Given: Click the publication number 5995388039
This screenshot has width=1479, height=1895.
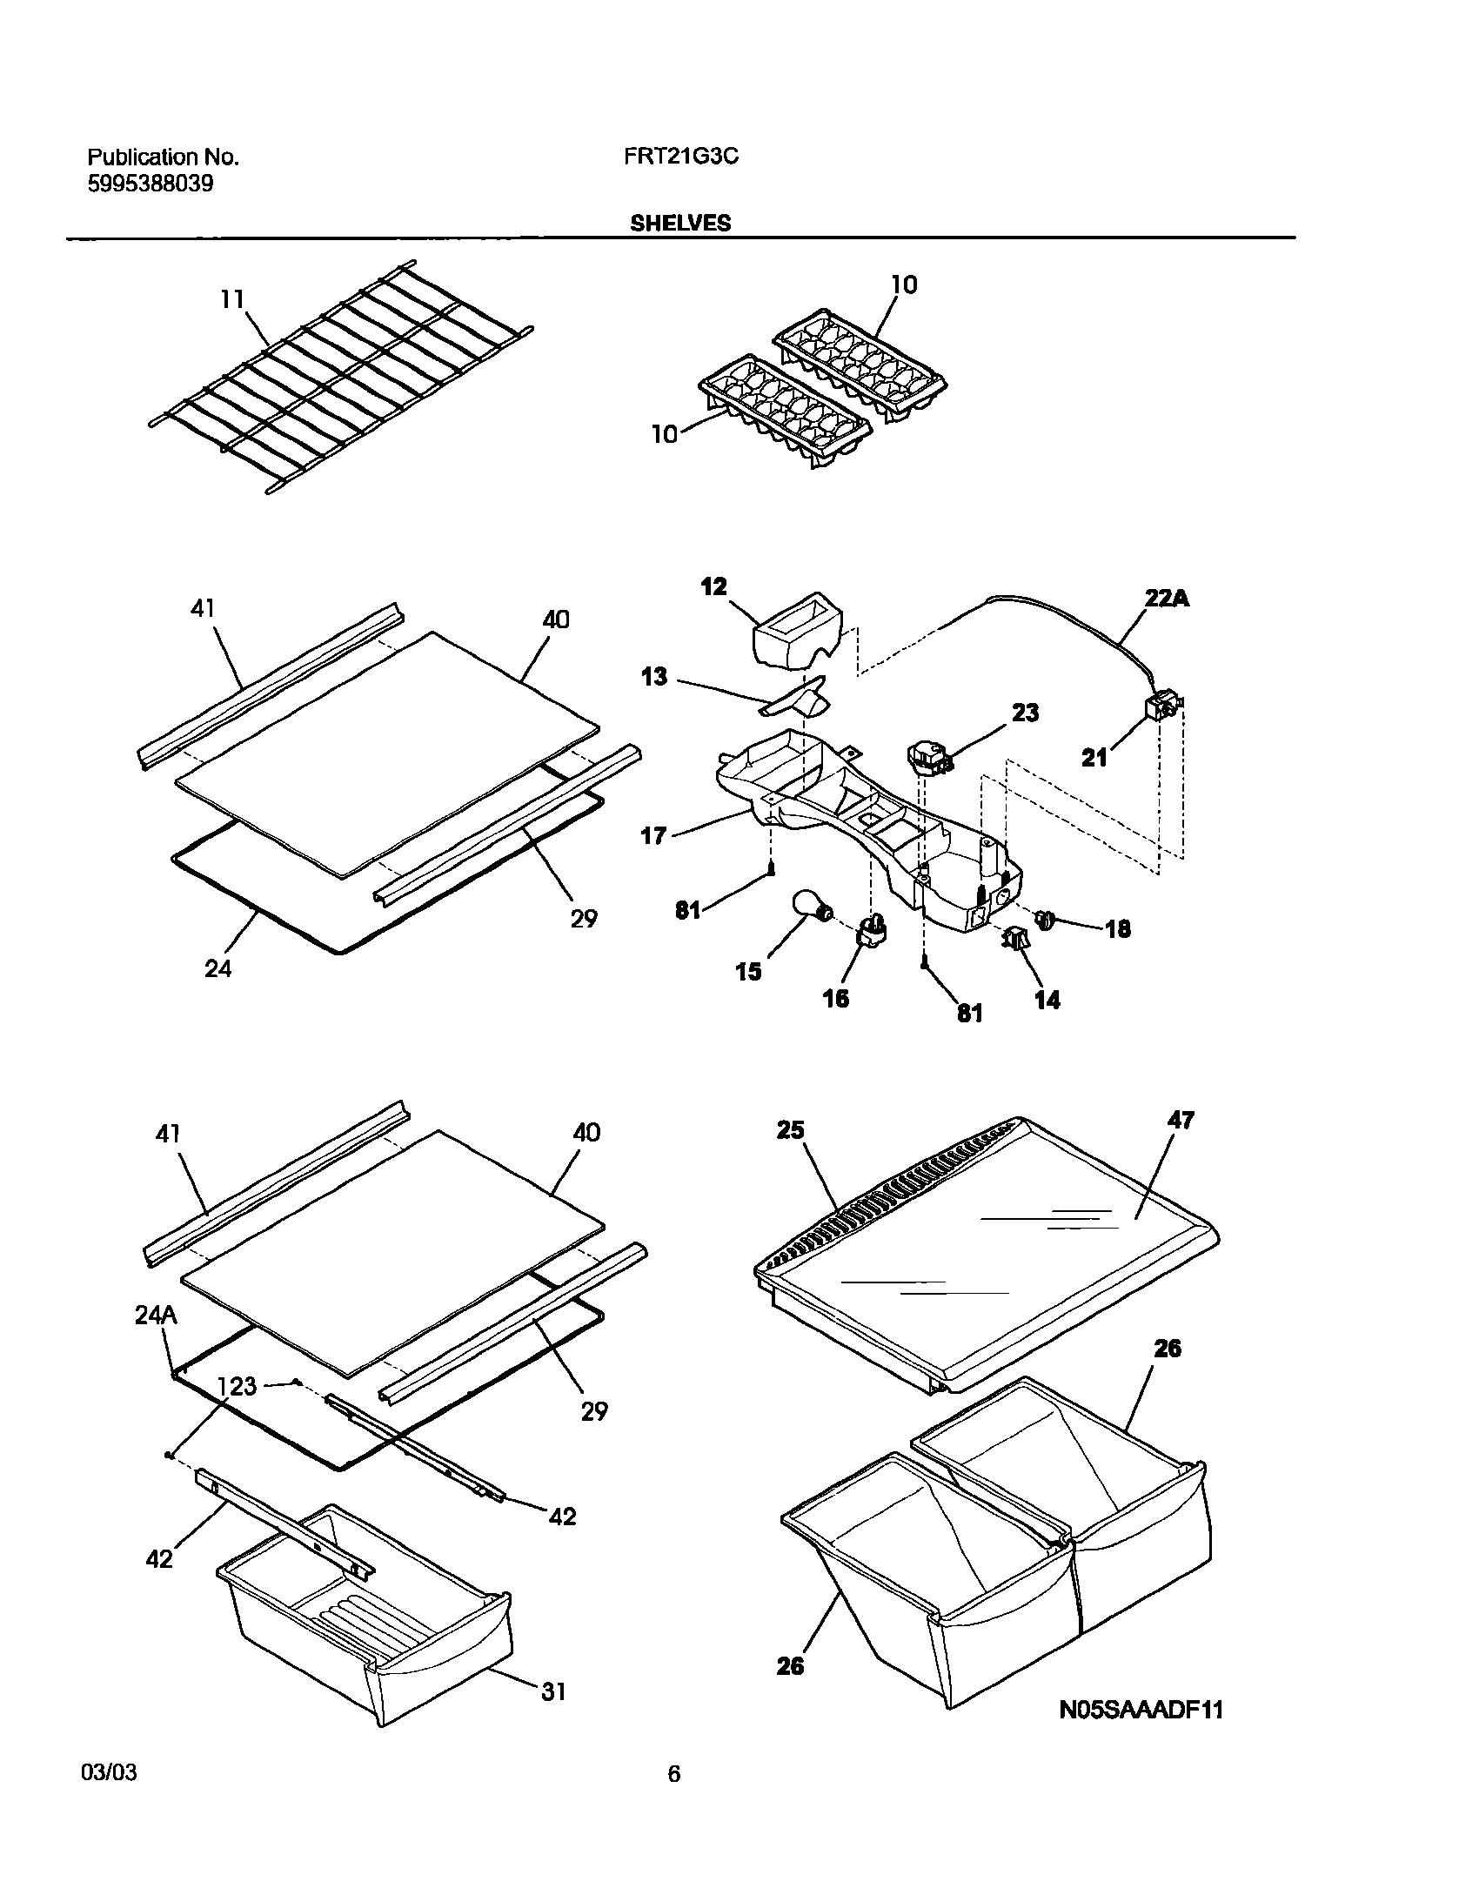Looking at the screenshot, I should [x=151, y=184].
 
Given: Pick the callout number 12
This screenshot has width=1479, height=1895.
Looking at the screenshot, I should [x=713, y=586].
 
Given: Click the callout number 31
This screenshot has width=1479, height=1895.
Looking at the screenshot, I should [x=553, y=1691].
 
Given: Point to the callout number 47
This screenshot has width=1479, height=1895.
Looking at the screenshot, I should [x=1181, y=1120].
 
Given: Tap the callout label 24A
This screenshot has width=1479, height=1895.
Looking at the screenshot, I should [x=156, y=1315].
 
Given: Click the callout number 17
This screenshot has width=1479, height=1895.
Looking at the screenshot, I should [x=652, y=836].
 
